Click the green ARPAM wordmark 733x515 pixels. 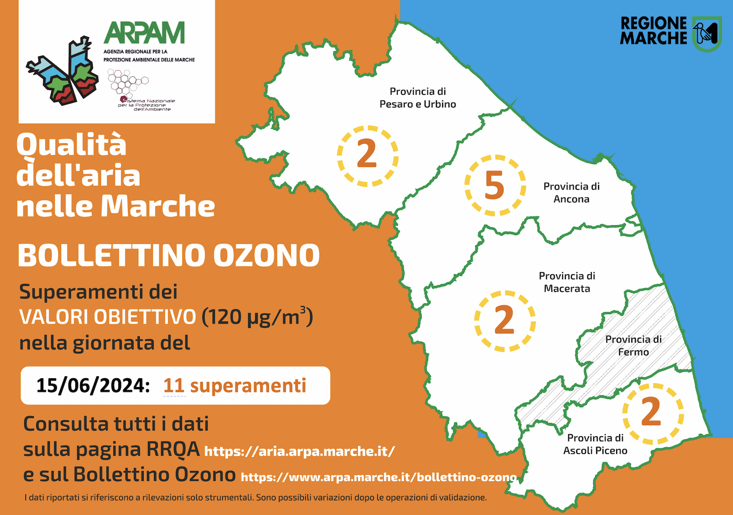coord(144,33)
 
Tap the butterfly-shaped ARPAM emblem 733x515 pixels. coord(62,71)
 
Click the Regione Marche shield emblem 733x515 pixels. coord(707,34)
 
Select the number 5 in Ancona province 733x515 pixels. coord(495,185)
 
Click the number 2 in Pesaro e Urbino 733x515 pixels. coord(367,153)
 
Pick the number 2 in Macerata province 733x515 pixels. coord(504,320)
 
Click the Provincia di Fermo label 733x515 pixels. coord(633,346)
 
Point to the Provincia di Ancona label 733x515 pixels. coord(571,193)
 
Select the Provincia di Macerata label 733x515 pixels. coord(567,282)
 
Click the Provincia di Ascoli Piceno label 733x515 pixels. coord(595,444)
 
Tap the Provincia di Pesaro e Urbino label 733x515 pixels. coord(417,98)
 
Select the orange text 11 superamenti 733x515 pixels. coord(235,386)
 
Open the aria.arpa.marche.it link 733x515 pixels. coord(300,451)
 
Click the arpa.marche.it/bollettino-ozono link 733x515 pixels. coord(379,477)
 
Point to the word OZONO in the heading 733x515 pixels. coord(267,255)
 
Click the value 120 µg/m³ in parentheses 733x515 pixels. coord(257,317)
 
